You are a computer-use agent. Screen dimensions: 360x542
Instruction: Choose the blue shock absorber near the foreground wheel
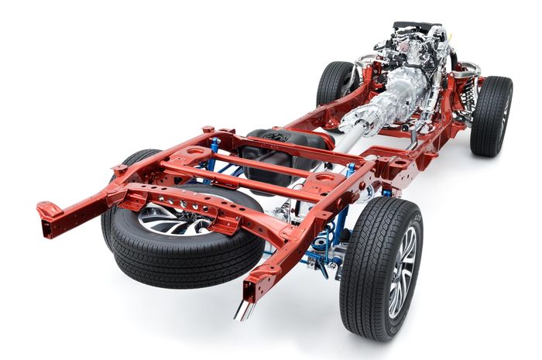pyautogui.click(x=341, y=225)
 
